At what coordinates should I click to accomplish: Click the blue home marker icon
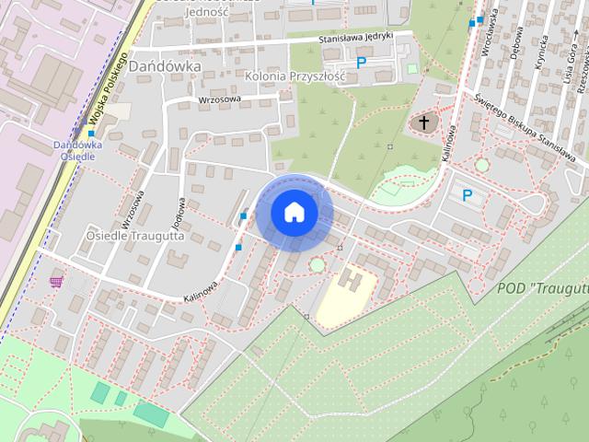pyautogui.click(x=294, y=212)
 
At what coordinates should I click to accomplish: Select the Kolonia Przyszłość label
pyautogui.click(x=294, y=76)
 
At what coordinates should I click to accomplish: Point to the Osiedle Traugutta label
pyautogui.click(x=135, y=236)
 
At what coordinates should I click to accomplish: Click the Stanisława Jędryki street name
pyautogui.click(x=355, y=39)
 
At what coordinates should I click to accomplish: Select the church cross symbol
pyautogui.click(x=424, y=122)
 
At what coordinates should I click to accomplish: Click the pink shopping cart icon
pyautogui.click(x=57, y=281)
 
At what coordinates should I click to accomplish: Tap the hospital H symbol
pyautogui.click(x=350, y=276)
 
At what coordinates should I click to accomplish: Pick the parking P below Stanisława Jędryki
pyautogui.click(x=362, y=63)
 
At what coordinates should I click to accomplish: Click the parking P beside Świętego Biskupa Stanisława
pyautogui.click(x=467, y=195)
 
